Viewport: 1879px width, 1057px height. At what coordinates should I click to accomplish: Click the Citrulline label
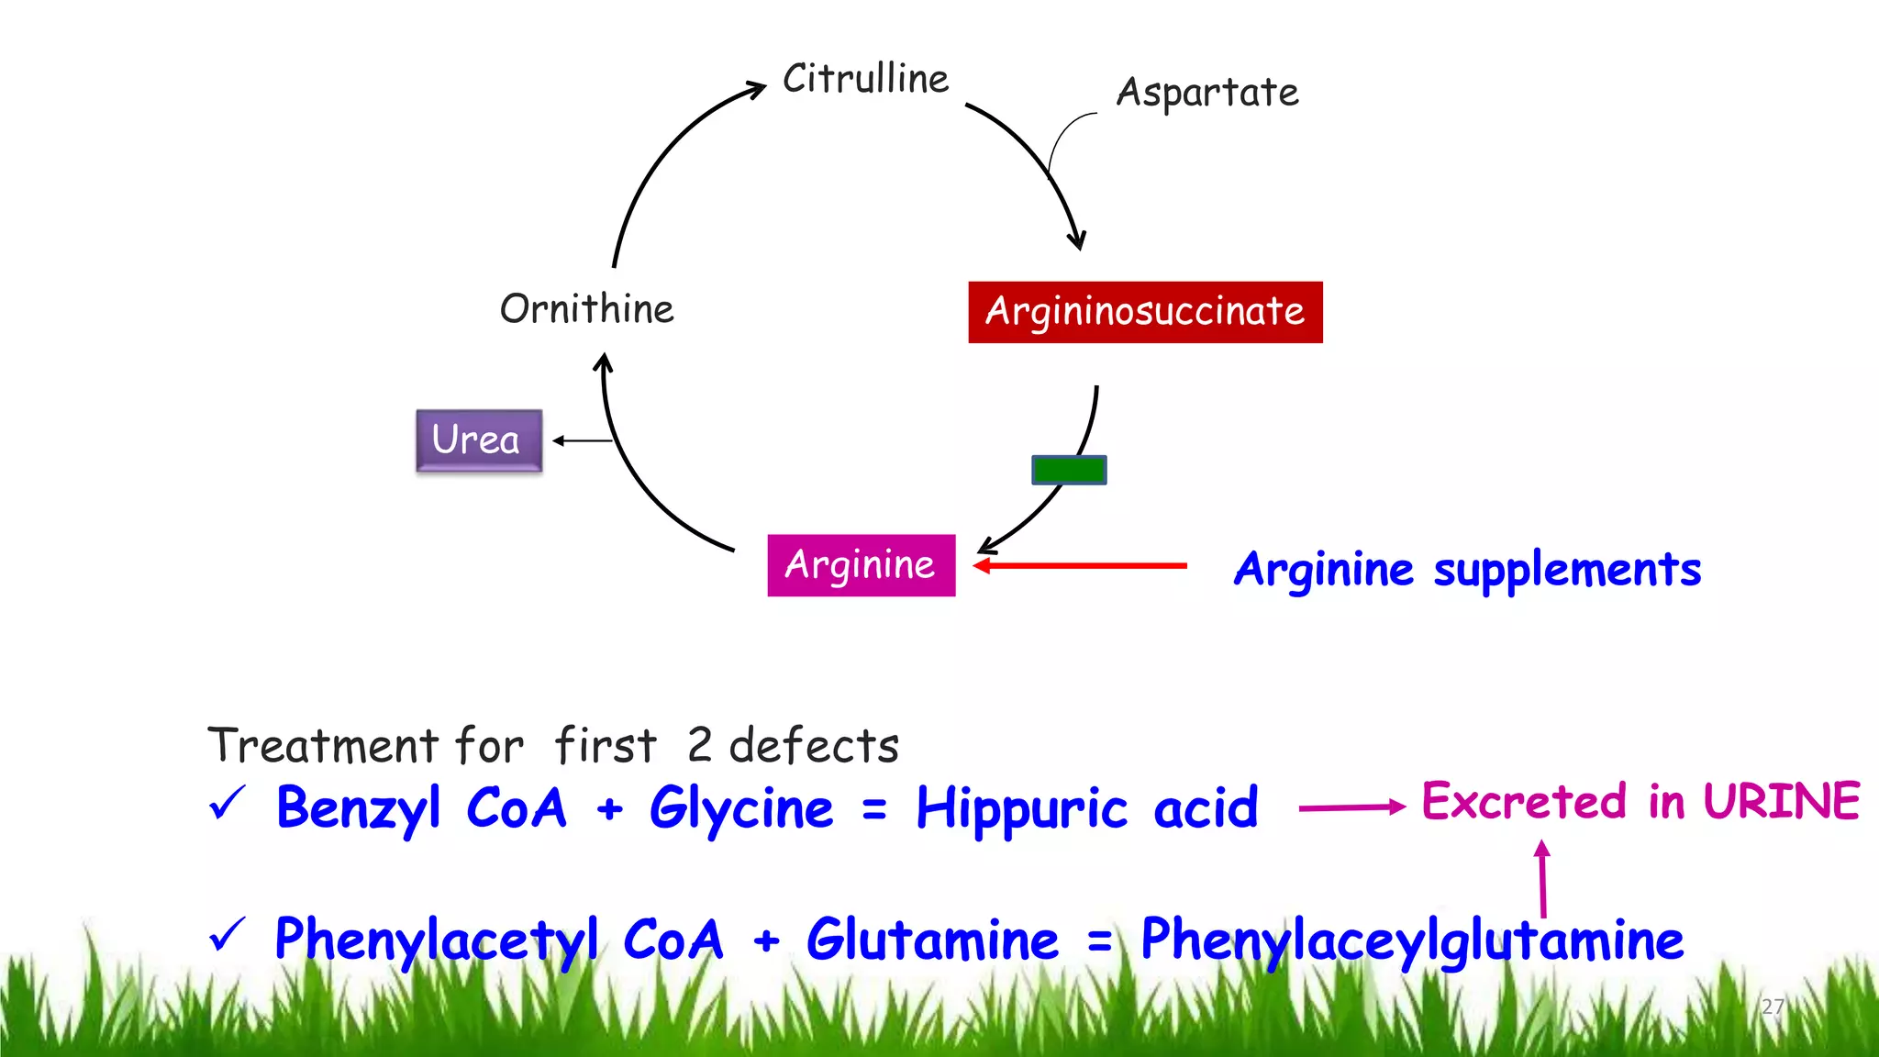(865, 79)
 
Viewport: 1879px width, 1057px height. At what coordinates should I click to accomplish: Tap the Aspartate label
(1207, 93)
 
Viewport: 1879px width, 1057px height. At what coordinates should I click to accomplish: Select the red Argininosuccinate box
(1145, 312)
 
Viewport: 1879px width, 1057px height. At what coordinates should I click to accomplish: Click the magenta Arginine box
(861, 565)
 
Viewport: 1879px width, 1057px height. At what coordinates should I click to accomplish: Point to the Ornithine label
(586, 309)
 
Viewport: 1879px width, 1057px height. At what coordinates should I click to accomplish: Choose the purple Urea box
(478, 440)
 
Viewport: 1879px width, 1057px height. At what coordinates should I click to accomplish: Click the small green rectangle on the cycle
(1069, 470)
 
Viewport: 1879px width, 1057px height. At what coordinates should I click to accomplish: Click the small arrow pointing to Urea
(582, 441)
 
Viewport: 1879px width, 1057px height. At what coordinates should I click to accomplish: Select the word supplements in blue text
(1567, 571)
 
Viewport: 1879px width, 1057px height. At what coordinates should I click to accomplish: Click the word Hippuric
(1021, 810)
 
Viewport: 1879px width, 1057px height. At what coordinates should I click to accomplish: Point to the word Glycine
(741, 809)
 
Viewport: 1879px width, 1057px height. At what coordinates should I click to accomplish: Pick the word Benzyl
(359, 809)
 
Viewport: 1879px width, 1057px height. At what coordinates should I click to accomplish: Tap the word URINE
(1782, 801)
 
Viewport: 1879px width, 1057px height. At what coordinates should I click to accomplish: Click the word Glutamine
(932, 940)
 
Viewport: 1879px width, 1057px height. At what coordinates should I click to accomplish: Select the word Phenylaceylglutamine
(1411, 941)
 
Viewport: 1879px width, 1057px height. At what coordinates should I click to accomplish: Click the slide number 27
(1773, 1007)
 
